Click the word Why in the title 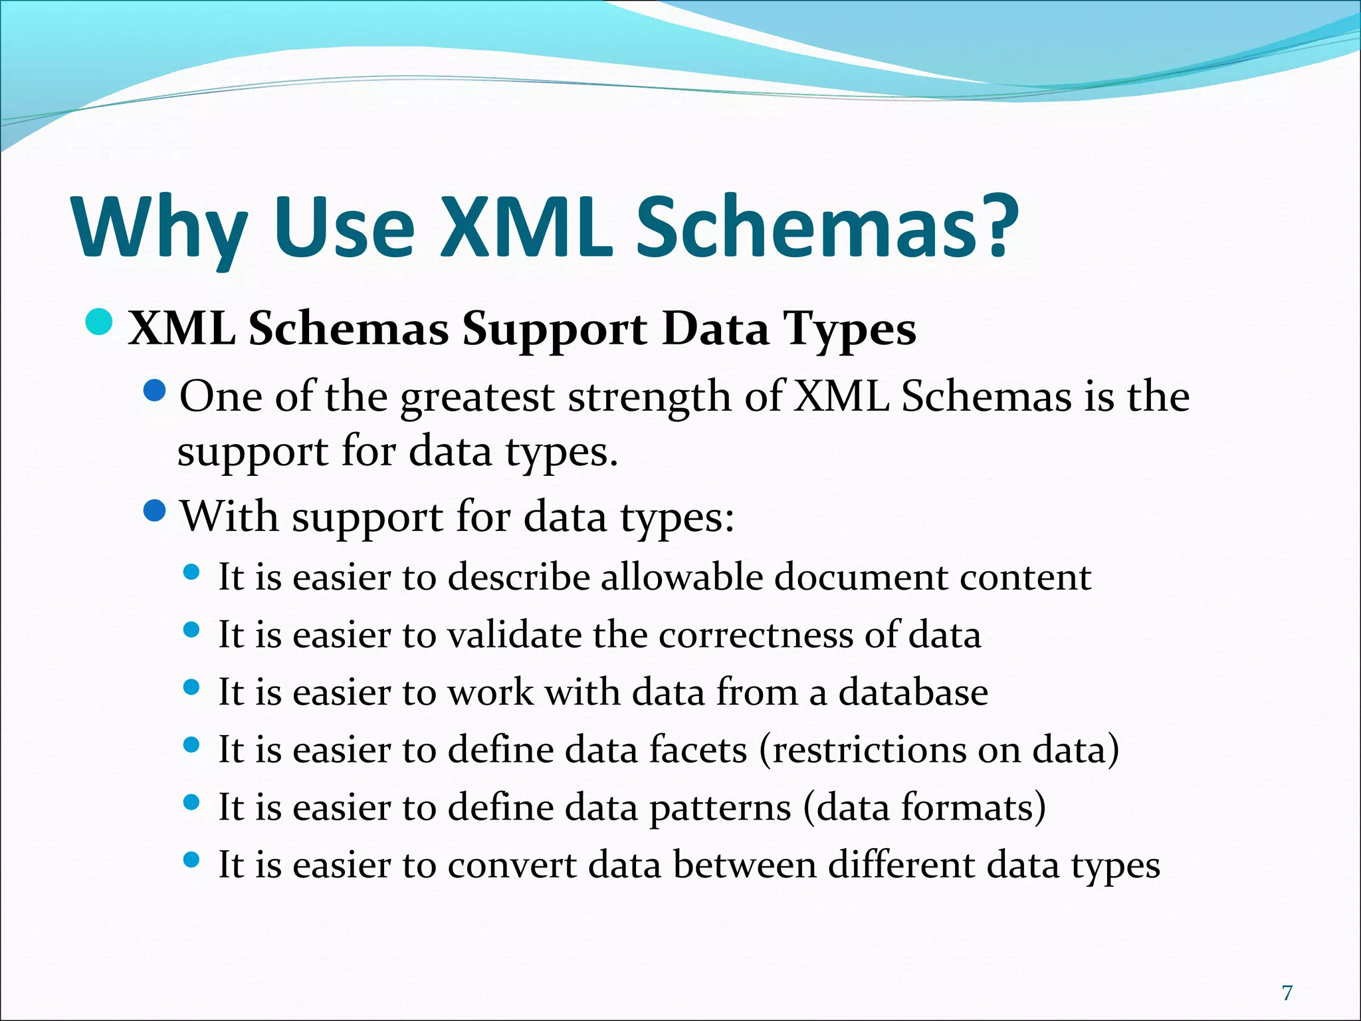pos(159,229)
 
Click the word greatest pos(477,398)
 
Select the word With pos(229,516)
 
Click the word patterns pos(720,808)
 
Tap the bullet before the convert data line pos(191,860)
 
